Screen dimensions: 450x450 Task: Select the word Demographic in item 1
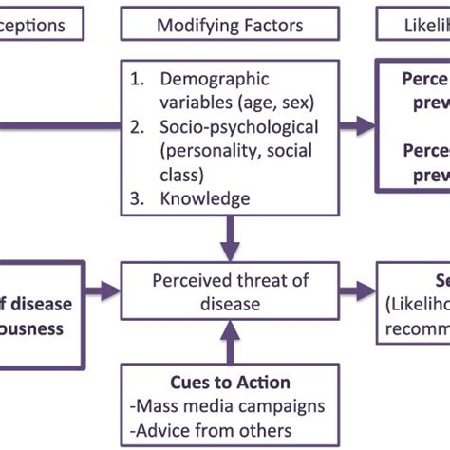coord(215,79)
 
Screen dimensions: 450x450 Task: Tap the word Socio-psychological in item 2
coord(239,127)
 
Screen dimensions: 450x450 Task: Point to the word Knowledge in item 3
coord(205,197)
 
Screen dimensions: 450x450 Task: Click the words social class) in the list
coord(201,174)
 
